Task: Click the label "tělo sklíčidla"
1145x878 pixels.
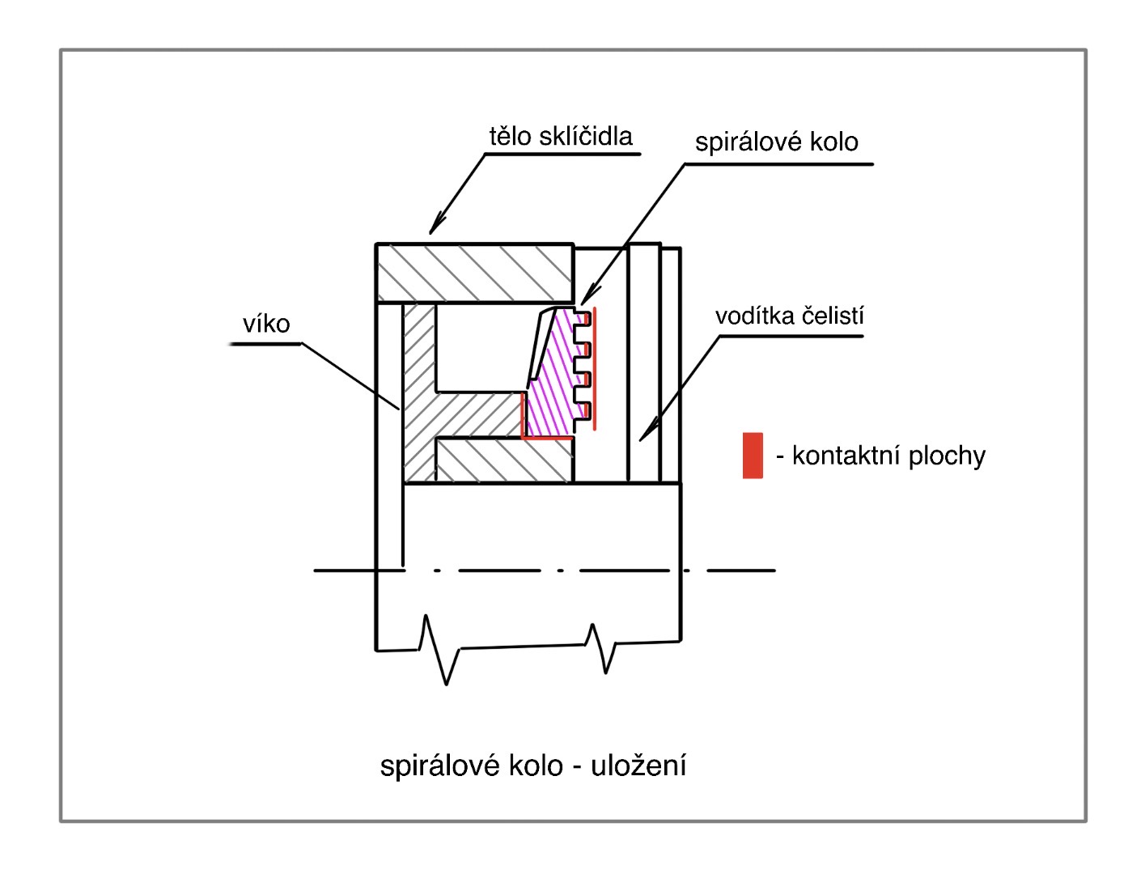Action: pos(560,136)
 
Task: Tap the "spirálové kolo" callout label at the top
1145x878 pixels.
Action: pos(776,142)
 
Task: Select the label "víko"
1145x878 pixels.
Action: pos(266,324)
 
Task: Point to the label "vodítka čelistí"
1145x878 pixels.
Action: pos(789,316)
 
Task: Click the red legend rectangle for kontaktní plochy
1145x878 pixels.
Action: pos(753,456)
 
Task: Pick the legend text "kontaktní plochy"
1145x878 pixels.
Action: pos(888,456)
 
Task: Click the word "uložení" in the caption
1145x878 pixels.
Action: pos(638,765)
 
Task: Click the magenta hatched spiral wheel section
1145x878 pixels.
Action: pos(550,380)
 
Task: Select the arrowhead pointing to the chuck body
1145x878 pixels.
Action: pos(437,226)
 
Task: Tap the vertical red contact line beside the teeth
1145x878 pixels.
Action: pos(595,368)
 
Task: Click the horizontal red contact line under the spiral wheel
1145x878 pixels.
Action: pos(547,437)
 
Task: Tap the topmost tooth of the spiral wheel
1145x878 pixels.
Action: pos(582,317)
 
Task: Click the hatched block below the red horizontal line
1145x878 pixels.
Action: pos(503,460)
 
